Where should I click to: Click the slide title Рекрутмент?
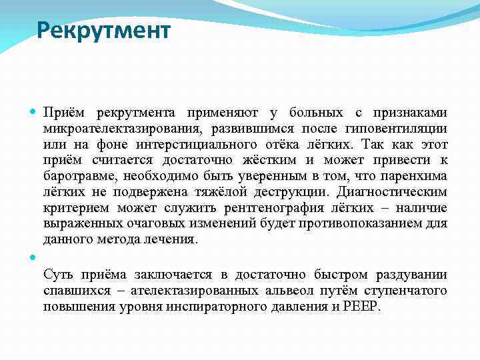click(103, 30)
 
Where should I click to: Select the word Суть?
click(58, 275)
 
